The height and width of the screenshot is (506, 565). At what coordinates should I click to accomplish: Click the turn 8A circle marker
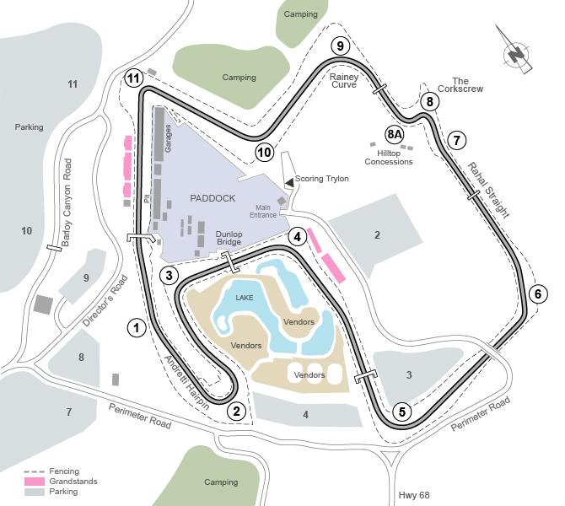pyautogui.click(x=395, y=134)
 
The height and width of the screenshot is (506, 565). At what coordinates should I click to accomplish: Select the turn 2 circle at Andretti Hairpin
pyautogui.click(x=237, y=411)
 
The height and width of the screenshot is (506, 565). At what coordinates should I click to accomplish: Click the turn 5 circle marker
pyautogui.click(x=402, y=412)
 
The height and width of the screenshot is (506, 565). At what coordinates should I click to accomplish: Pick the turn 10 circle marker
pyautogui.click(x=264, y=152)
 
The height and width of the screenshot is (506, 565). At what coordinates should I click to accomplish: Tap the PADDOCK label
pyautogui.click(x=213, y=198)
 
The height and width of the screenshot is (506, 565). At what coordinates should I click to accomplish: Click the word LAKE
pyautogui.click(x=245, y=298)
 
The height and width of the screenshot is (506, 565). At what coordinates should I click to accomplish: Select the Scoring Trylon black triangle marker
pyautogui.click(x=289, y=181)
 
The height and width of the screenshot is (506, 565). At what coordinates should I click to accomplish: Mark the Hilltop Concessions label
pyautogui.click(x=389, y=157)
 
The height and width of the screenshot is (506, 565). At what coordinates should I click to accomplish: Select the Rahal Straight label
pyautogui.click(x=488, y=190)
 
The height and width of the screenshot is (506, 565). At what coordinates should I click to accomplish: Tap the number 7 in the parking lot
pyautogui.click(x=69, y=412)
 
